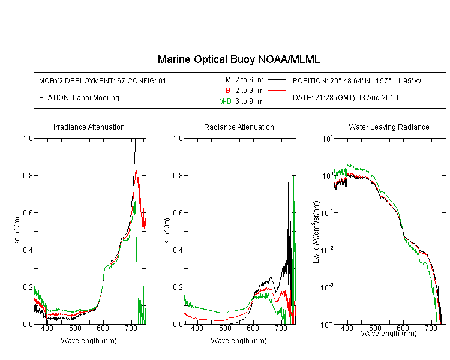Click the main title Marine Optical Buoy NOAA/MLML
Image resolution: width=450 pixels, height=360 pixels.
click(239, 59)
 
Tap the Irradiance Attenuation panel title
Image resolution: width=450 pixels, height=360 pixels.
click(89, 127)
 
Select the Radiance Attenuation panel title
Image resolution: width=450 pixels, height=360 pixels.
click(239, 127)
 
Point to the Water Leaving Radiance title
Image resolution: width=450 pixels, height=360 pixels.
click(389, 127)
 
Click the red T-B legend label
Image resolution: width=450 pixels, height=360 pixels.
click(224, 91)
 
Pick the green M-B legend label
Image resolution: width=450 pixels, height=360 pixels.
click(225, 101)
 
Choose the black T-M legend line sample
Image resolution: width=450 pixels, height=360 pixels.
click(277, 80)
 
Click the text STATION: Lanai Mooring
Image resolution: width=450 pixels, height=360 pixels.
click(79, 98)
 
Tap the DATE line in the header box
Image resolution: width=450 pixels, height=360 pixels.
click(345, 98)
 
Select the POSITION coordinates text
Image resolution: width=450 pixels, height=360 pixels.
click(357, 80)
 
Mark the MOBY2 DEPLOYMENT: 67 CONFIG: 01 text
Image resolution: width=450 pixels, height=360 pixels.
click(103, 80)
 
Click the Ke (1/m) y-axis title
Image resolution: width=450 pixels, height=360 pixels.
click(17, 231)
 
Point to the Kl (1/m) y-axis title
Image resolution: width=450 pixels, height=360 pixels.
click(167, 231)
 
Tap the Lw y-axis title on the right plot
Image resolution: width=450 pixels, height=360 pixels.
click(316, 232)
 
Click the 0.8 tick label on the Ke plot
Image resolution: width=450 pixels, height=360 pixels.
click(28, 175)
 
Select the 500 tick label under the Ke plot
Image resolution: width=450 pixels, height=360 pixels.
click(75, 328)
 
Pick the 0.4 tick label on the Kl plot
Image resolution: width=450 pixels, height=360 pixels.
click(178, 250)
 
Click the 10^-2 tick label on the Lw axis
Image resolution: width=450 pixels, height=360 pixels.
click(327, 250)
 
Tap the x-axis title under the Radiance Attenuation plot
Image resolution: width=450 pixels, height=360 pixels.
click(239, 341)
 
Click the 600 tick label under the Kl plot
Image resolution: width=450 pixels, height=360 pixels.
click(253, 328)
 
